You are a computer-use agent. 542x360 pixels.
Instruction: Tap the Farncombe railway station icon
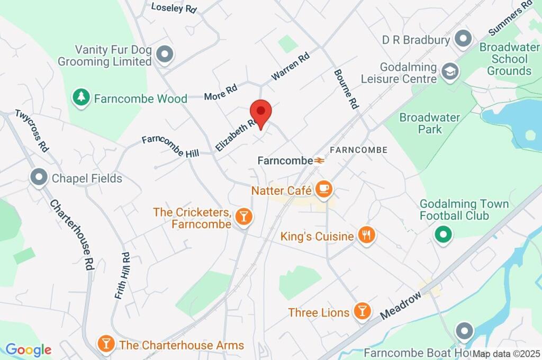click(319, 160)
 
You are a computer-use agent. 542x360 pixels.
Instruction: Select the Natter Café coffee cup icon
click(323, 188)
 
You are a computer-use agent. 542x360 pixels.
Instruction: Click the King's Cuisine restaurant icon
click(366, 235)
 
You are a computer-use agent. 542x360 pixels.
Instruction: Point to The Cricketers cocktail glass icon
click(243, 216)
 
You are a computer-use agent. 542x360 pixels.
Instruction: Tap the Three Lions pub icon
click(362, 311)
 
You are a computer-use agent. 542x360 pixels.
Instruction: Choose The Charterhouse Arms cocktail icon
click(106, 344)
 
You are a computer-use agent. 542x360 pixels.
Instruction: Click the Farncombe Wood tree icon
click(81, 97)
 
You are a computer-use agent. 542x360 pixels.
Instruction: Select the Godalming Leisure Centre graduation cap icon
click(449, 71)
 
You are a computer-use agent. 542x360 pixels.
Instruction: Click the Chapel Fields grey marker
click(39, 178)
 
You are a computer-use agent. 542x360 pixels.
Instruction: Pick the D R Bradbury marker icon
click(463, 39)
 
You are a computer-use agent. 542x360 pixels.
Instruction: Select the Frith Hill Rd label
click(122, 275)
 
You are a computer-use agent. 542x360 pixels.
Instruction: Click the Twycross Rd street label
click(31, 130)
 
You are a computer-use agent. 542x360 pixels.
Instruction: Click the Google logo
click(28, 349)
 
